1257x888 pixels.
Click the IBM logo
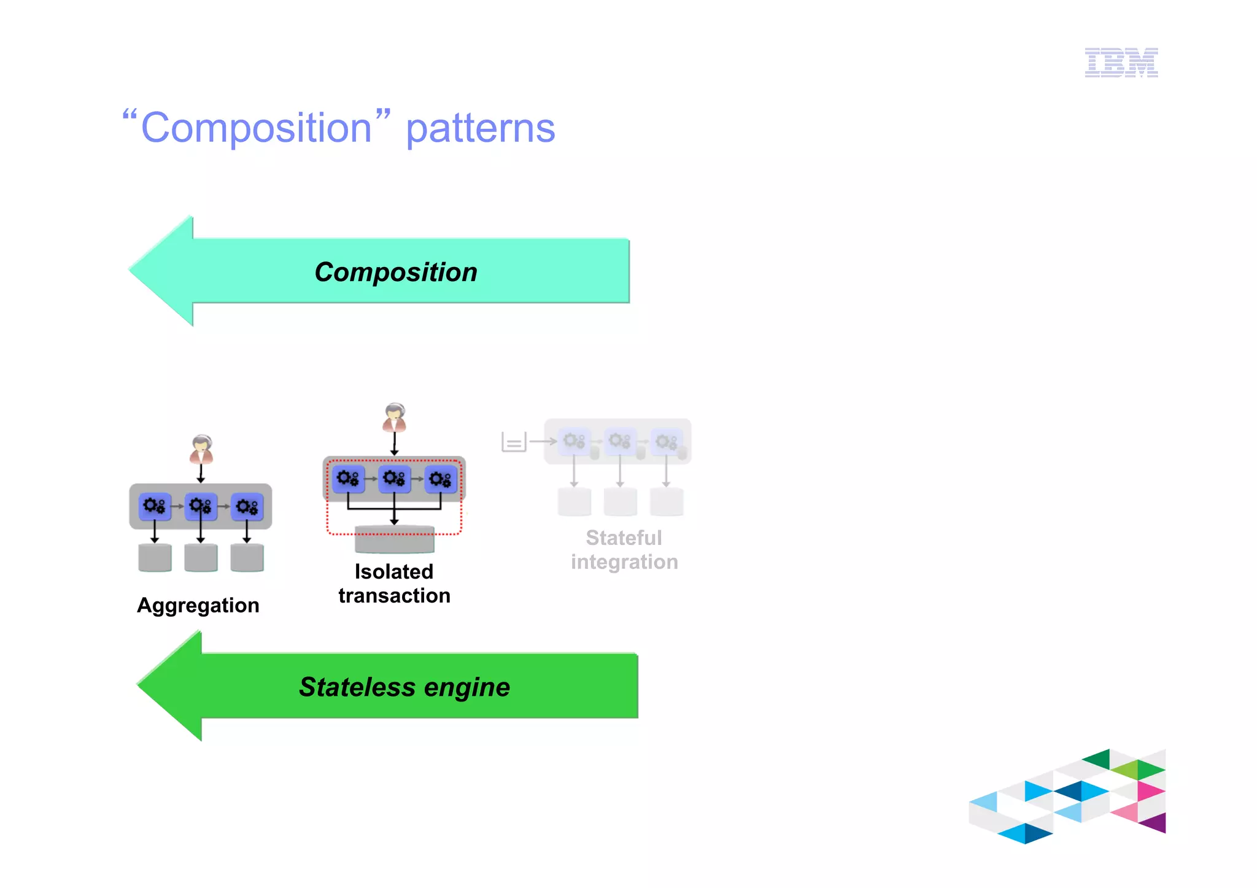coord(1121,62)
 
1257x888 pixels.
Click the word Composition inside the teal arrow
coord(396,272)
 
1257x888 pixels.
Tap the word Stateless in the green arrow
coord(357,687)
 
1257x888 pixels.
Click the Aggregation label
coord(198,605)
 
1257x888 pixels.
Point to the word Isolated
coord(393,571)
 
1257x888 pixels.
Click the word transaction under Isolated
coord(394,595)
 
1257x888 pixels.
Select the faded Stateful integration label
coord(624,549)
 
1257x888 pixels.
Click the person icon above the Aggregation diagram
coord(201,449)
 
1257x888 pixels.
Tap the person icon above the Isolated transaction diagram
coord(394,418)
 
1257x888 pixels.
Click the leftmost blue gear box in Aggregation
coord(154,506)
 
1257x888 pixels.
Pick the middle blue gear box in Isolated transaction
coord(394,479)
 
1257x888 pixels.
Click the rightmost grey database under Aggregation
coord(247,557)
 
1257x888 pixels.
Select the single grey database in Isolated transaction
coord(394,539)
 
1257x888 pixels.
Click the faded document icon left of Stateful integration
coord(514,441)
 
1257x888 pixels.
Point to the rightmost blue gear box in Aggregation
coord(247,506)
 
